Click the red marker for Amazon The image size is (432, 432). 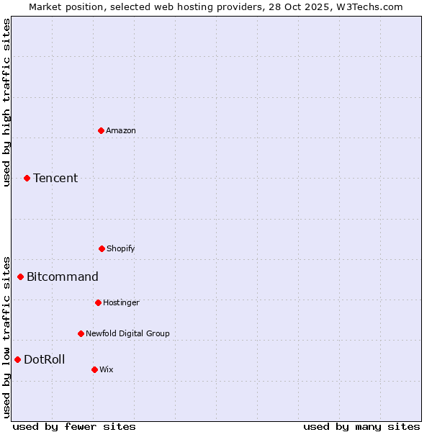click(101, 130)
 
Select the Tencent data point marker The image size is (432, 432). click(27, 178)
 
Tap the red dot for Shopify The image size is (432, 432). click(102, 248)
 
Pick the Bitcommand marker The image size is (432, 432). click(20, 276)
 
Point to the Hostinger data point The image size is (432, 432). click(98, 302)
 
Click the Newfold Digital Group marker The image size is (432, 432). click(81, 333)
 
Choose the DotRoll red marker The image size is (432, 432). click(17, 359)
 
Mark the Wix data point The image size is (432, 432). click(94, 369)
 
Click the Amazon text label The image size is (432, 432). click(121, 130)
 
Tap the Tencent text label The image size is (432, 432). click(55, 178)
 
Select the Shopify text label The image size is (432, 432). click(121, 248)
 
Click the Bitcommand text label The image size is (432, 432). click(63, 276)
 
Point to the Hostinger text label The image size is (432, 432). click(121, 302)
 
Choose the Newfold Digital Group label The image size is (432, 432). click(127, 333)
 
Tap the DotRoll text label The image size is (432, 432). click(44, 359)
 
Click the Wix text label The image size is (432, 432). click(107, 369)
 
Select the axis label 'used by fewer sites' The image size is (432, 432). click(74, 426)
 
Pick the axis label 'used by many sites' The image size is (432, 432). click(361, 426)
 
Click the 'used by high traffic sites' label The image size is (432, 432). click(6, 102)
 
